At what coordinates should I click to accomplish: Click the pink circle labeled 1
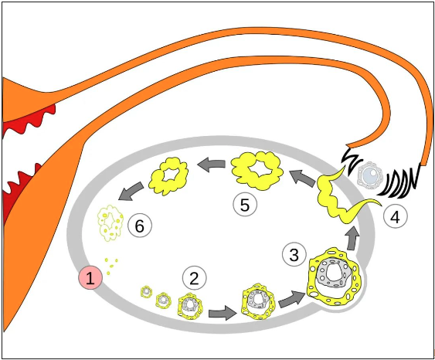click(90, 278)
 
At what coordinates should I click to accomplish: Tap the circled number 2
click(194, 278)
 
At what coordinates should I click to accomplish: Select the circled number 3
click(294, 254)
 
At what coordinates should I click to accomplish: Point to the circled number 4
click(396, 216)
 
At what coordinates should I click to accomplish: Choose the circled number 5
click(245, 205)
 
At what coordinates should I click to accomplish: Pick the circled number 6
click(140, 226)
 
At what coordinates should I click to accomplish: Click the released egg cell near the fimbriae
click(370, 175)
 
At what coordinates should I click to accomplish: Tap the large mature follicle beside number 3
click(334, 277)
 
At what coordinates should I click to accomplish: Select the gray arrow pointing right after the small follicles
click(223, 313)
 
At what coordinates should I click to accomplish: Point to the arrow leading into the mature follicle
click(291, 299)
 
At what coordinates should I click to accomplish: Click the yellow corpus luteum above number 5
click(257, 170)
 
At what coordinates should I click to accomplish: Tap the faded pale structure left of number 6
click(110, 222)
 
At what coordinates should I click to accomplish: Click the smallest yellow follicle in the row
click(146, 291)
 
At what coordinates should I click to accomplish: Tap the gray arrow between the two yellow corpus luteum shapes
click(212, 165)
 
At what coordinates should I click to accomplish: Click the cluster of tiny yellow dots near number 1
click(111, 266)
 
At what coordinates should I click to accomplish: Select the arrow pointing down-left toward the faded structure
click(131, 191)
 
